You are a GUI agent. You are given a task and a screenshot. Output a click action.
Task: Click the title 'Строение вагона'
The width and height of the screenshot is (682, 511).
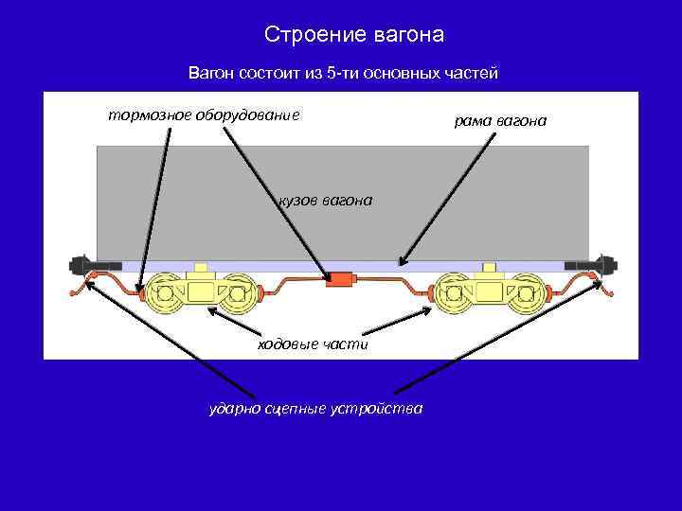[353, 35]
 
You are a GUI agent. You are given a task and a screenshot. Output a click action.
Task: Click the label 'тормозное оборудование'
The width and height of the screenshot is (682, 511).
[204, 115]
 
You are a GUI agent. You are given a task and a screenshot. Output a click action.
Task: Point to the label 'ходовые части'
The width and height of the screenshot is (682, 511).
[313, 344]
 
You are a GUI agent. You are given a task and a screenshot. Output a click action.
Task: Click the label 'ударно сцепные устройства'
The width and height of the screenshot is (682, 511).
[316, 409]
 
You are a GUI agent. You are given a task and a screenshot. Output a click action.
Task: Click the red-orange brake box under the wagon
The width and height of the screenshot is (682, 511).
[340, 280]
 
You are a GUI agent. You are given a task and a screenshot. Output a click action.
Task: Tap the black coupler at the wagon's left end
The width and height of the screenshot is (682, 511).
[83, 261]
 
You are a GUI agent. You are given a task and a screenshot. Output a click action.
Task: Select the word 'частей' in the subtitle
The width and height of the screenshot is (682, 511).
[469, 73]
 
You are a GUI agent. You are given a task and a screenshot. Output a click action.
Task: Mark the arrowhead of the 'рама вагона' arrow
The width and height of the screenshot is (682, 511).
[402, 261]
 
